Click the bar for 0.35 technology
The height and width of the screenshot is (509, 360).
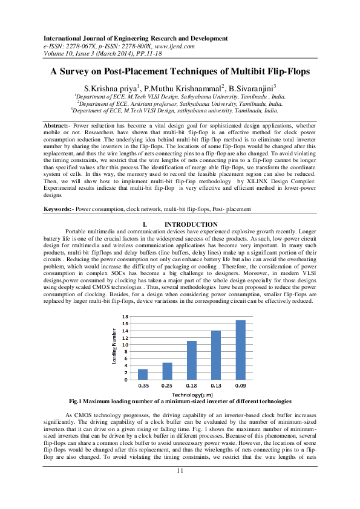click(x=143, y=374)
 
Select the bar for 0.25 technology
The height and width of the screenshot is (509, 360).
click(x=167, y=371)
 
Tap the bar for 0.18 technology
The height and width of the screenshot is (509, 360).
click(x=192, y=360)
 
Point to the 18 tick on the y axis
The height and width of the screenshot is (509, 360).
click(x=125, y=317)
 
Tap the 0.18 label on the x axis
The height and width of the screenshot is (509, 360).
click(x=192, y=386)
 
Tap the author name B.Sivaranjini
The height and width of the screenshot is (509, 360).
click(x=250, y=88)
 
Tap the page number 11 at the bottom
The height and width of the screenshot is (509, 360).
click(x=180, y=471)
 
